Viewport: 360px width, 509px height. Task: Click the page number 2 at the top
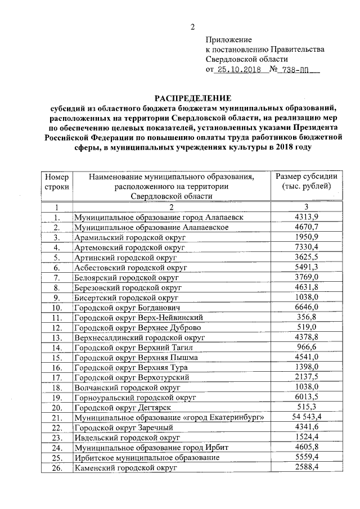(x=192, y=26)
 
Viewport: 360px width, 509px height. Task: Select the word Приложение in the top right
(x=229, y=40)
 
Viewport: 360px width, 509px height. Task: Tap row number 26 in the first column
(x=56, y=467)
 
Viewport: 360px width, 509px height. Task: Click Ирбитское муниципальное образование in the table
(x=147, y=458)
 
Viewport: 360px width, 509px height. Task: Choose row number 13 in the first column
(x=56, y=337)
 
